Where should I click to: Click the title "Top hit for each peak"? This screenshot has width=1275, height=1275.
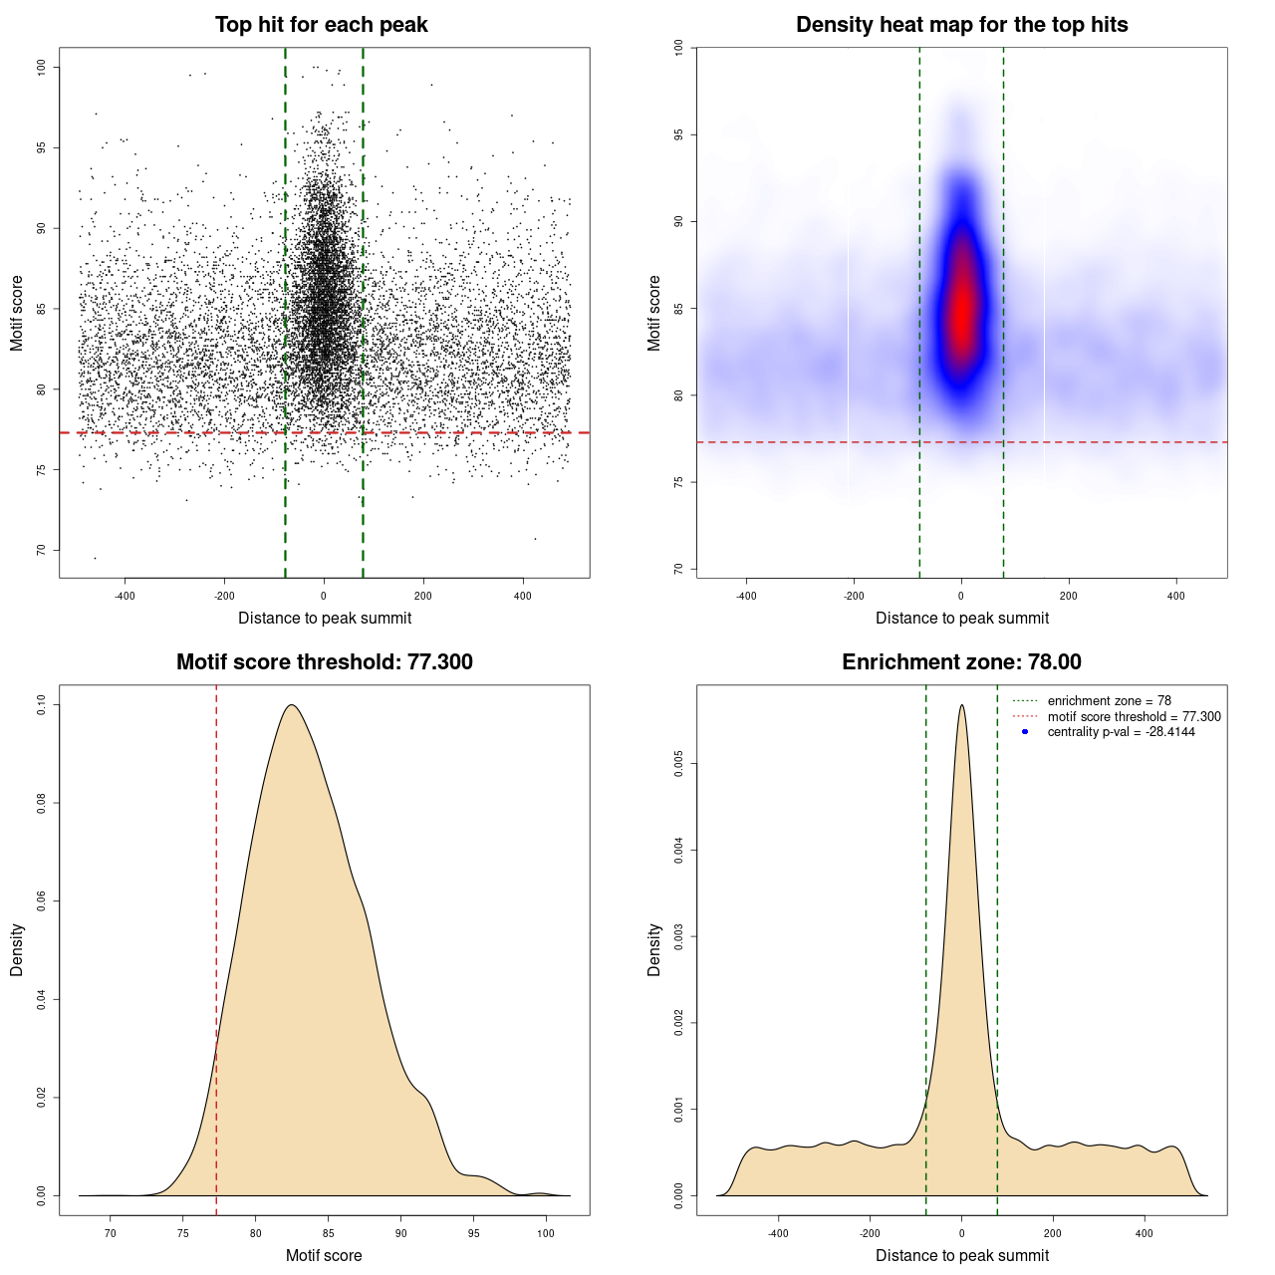pyautogui.click(x=321, y=25)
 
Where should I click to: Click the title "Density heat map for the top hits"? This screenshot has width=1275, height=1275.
pyautogui.click(x=961, y=25)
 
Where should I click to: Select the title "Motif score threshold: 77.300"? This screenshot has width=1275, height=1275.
pyautogui.click(x=324, y=662)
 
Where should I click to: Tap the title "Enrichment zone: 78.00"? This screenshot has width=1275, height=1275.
pyautogui.click(x=961, y=662)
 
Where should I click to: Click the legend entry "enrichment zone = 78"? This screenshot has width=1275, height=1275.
pyautogui.click(x=1109, y=701)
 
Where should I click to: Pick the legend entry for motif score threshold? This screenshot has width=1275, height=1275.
pyautogui.click(x=1134, y=717)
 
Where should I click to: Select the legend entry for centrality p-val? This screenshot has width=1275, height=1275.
pyautogui.click(x=1121, y=732)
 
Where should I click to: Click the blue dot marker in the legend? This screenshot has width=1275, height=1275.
pyautogui.click(x=1025, y=732)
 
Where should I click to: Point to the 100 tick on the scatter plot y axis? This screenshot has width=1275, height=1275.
pyautogui.click(x=42, y=67)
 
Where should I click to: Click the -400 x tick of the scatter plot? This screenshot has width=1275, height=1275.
pyautogui.click(x=125, y=597)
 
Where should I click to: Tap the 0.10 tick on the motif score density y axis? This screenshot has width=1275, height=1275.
pyautogui.click(x=42, y=705)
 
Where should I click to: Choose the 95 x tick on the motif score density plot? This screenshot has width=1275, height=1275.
pyautogui.click(x=473, y=1233)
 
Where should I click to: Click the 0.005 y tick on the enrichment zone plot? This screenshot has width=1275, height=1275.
pyautogui.click(x=679, y=764)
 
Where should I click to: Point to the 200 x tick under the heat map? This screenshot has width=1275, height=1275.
pyautogui.click(x=1069, y=597)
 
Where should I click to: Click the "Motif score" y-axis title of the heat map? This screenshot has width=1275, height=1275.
pyautogui.click(x=654, y=313)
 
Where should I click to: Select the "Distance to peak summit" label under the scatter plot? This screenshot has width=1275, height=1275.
pyautogui.click(x=325, y=619)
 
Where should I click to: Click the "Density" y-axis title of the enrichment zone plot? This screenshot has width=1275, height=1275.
pyautogui.click(x=654, y=949)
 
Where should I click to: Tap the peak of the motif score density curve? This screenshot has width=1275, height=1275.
pyautogui.click(x=292, y=705)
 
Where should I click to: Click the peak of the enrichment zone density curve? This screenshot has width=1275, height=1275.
pyautogui.click(x=961, y=705)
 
